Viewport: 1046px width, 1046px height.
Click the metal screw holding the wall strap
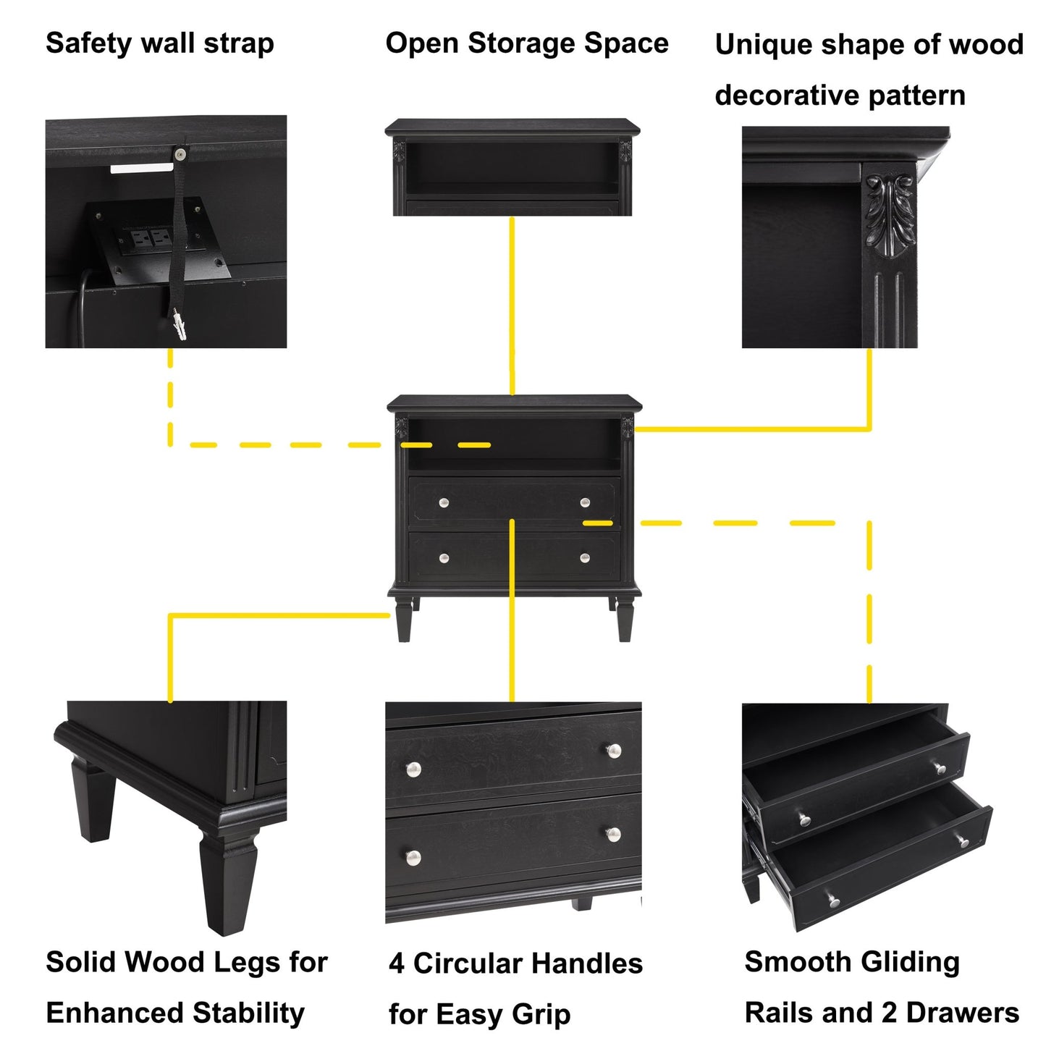point(179,153)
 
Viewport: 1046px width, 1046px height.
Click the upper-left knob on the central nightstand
point(444,503)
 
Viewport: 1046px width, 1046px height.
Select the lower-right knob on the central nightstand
point(585,557)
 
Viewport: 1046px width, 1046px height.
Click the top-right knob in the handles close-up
point(614,751)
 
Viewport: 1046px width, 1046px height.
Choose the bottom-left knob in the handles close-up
point(413,859)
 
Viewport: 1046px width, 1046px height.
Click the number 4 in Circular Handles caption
point(396,964)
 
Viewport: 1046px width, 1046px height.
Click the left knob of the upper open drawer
point(804,819)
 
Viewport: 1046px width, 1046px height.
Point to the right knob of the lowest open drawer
point(963,841)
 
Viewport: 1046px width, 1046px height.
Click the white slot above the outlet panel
point(142,168)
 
